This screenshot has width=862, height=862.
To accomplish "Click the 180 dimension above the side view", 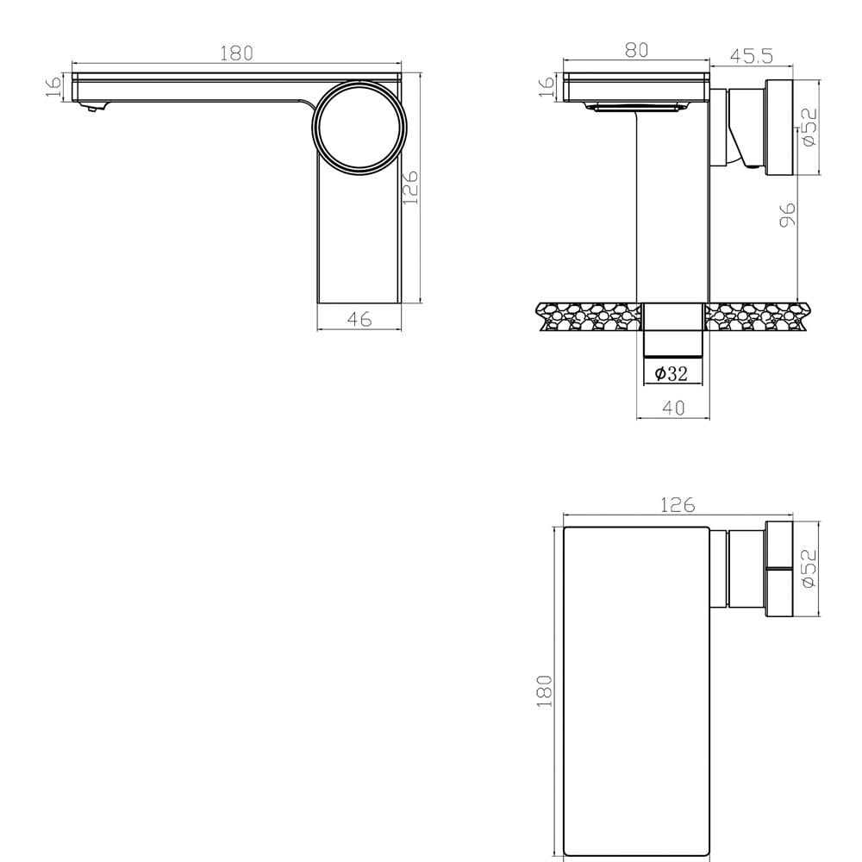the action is [x=236, y=53].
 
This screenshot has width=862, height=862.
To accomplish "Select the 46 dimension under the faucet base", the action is [x=359, y=319].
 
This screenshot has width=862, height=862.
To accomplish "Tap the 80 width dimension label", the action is [x=637, y=50].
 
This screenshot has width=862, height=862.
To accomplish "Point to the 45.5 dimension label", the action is [x=752, y=56].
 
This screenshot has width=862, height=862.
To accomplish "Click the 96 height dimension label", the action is [x=787, y=215].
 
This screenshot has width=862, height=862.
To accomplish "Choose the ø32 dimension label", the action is [x=671, y=374].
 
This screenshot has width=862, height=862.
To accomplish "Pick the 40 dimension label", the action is [x=673, y=408].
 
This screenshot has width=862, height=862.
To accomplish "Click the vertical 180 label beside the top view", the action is [x=544, y=691].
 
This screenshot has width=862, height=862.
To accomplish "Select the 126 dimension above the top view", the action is [x=678, y=504].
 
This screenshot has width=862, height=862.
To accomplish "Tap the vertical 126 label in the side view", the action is [x=410, y=187].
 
